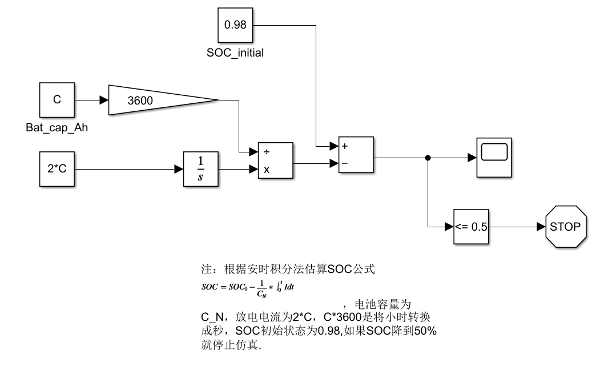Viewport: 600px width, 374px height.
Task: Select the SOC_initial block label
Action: tap(235, 53)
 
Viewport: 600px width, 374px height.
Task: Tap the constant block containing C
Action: tap(57, 100)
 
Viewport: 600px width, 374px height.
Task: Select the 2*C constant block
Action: tap(57, 170)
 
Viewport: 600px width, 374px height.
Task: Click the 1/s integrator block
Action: tap(200, 170)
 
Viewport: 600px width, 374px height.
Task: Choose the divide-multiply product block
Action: tap(275, 161)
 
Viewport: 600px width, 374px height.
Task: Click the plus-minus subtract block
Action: tap(356, 154)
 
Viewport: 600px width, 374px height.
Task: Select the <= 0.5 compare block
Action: tap(471, 227)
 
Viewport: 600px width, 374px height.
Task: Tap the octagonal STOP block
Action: tap(565, 227)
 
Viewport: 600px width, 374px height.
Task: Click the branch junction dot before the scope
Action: tap(428, 158)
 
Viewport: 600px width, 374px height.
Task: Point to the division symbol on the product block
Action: tap(265, 152)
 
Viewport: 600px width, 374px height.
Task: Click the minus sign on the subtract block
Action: tap(345, 164)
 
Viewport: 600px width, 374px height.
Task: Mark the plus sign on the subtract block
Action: tap(345, 146)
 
